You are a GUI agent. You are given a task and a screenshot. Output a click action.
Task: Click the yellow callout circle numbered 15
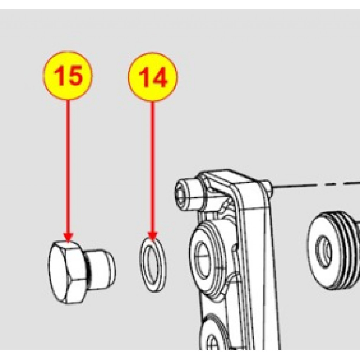coord(68,75)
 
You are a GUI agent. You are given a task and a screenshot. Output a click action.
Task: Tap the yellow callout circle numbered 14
coord(153,77)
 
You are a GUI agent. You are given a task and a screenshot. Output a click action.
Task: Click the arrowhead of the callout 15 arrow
coord(68,237)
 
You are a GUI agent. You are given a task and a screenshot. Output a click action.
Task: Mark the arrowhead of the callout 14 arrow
coord(153,236)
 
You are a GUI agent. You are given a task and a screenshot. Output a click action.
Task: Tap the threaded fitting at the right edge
coord(333,250)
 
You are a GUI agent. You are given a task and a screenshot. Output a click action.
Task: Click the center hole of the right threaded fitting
coord(324,251)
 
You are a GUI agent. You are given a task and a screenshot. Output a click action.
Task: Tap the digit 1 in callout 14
coord(144,77)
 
